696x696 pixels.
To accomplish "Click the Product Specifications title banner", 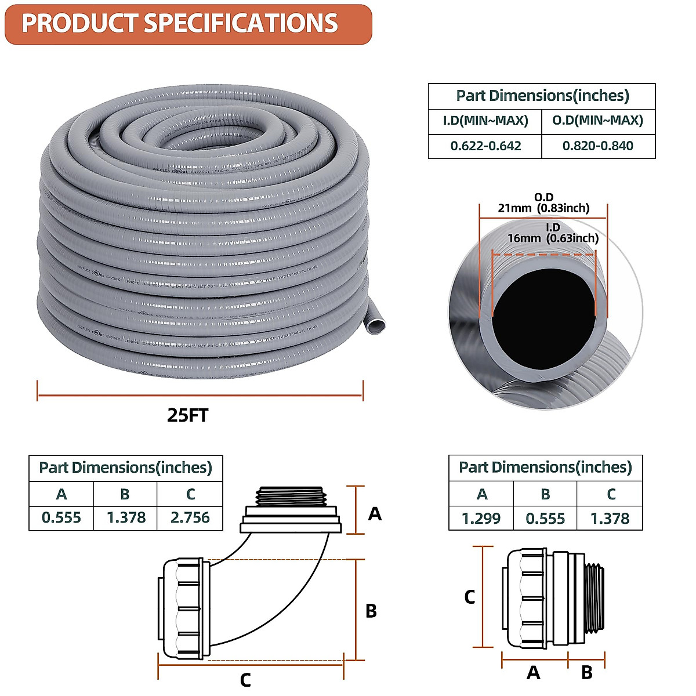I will [187, 24].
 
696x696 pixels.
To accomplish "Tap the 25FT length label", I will [187, 415].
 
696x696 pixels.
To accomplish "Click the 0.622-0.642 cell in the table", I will [485, 146].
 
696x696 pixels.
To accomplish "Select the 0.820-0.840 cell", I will [597, 146].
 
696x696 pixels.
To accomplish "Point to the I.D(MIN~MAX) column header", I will [485, 121].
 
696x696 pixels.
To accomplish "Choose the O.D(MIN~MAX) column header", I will [597, 121].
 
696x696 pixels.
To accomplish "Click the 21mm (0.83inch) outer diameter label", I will [543, 208].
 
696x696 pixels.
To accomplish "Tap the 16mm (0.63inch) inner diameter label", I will [553, 238].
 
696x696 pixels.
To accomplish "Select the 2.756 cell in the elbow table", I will [190, 517].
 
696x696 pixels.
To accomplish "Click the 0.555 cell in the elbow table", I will [61, 517].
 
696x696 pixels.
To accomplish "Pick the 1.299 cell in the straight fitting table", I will [481, 518].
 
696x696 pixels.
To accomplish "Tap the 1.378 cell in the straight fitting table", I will [610, 518].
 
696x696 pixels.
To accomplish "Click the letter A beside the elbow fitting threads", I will [375, 514].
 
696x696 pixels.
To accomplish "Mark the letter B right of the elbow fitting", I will [371, 611].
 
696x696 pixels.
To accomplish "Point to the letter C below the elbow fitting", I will [245, 680].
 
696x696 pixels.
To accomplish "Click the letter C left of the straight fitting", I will [470, 597].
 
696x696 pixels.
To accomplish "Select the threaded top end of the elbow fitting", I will [291, 496].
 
